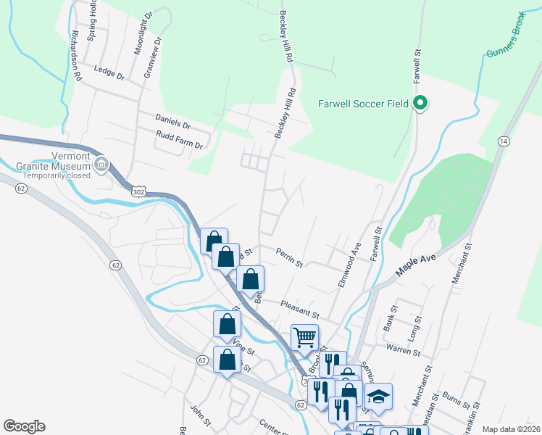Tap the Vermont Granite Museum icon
coord(101,165)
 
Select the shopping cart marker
coord(304,336)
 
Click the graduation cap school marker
coord(378,396)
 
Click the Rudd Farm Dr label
coord(179,139)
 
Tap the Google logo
coord(24,426)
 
